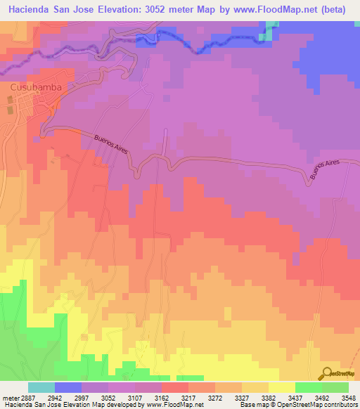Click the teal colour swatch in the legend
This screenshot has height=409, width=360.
[x=41, y=387]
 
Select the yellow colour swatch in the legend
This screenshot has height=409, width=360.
[x=282, y=387]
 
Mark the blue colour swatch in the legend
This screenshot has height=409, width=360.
[x=68, y=387]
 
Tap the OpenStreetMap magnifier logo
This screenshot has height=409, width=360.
[x=327, y=372]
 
